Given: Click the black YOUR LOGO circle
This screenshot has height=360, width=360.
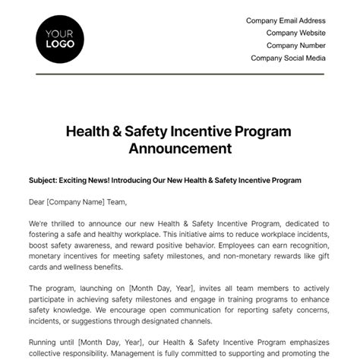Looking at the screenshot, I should pyautogui.click(x=60, y=39).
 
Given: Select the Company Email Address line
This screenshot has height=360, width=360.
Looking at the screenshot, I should pyautogui.click(x=286, y=21).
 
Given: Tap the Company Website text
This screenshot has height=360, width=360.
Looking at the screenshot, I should pyautogui.click(x=295, y=33).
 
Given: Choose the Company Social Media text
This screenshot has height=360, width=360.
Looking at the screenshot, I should pyautogui.click(x=288, y=58).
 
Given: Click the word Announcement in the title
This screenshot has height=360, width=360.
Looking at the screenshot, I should pyautogui.click(x=180, y=148).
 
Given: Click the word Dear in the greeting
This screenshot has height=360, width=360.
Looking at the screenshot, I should pyautogui.click(x=39, y=202).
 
